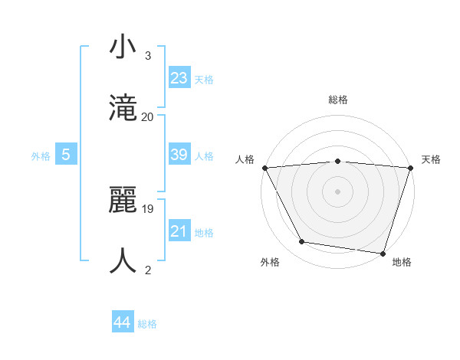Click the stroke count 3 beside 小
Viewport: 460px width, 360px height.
point(148,56)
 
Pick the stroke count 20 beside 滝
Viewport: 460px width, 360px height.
point(147,116)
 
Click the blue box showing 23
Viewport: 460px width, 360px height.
point(179,78)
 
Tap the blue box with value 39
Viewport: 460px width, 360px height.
point(179,155)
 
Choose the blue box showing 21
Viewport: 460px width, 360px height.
point(179,231)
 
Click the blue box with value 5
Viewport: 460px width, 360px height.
point(66,155)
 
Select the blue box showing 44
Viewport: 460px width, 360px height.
point(123,322)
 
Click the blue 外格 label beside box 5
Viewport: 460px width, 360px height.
point(41,156)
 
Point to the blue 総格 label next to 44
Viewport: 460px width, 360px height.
point(147,324)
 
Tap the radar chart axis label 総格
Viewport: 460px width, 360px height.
point(338,100)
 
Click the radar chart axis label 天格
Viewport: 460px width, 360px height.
point(431,159)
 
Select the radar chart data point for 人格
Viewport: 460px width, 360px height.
point(264,167)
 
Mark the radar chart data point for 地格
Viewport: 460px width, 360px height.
point(383,253)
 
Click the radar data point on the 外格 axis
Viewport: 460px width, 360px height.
point(302,242)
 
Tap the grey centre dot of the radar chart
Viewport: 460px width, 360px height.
point(338,191)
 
